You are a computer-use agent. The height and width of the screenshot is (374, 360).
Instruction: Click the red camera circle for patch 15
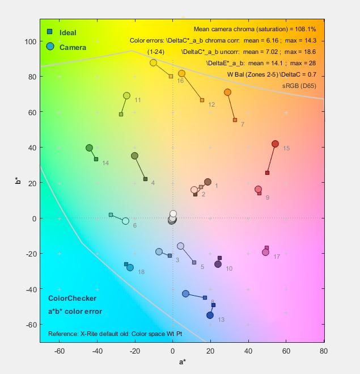[x=275, y=144]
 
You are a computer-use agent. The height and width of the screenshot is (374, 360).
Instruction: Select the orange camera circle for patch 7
[x=227, y=92]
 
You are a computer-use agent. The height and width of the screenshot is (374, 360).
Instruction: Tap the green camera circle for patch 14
[x=89, y=148]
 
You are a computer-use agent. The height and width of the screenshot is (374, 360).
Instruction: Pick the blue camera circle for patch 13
[x=210, y=315]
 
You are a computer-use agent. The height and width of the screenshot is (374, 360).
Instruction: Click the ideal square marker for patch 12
[x=202, y=100]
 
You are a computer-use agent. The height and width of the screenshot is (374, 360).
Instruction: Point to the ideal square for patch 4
[x=146, y=179]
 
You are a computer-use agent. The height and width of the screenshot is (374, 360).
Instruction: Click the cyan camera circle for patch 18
[x=130, y=267]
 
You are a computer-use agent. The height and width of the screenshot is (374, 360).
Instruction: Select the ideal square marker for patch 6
[x=111, y=215]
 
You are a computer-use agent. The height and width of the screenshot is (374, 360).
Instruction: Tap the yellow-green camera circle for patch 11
[x=126, y=95]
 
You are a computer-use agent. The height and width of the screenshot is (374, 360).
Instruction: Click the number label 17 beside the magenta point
[x=277, y=257]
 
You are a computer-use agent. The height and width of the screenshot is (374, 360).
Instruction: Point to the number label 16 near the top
[x=180, y=81]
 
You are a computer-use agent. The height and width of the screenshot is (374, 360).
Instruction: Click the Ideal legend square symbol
[x=50, y=32]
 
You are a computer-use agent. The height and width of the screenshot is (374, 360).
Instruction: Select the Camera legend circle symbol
[x=50, y=47]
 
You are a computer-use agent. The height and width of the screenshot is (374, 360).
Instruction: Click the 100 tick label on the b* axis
[x=30, y=41]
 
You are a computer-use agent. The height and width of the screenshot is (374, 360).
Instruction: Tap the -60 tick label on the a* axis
[x=59, y=351]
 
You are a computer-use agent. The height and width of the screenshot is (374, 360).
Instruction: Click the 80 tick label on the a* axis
[x=324, y=351]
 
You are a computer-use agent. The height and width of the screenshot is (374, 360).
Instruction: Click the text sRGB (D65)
[x=299, y=86]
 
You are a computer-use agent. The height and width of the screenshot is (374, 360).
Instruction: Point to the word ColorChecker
[x=72, y=298]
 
